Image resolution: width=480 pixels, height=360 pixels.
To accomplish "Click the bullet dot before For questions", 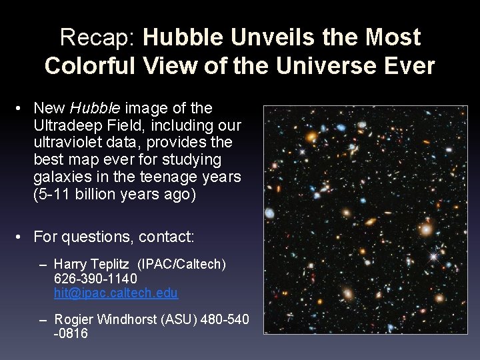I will pyautogui.click(x=21, y=237).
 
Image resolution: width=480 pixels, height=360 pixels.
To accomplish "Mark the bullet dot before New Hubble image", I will pyautogui.click(x=21, y=108).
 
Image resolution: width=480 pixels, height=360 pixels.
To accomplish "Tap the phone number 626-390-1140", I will pyautogui.click(x=95, y=279).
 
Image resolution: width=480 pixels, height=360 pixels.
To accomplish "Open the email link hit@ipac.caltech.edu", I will pyautogui.click(x=115, y=293).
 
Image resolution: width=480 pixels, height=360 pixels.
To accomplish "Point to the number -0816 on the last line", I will pyautogui.click(x=71, y=333).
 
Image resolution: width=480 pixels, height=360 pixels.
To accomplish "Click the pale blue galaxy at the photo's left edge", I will pyautogui.click(x=269, y=214).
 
